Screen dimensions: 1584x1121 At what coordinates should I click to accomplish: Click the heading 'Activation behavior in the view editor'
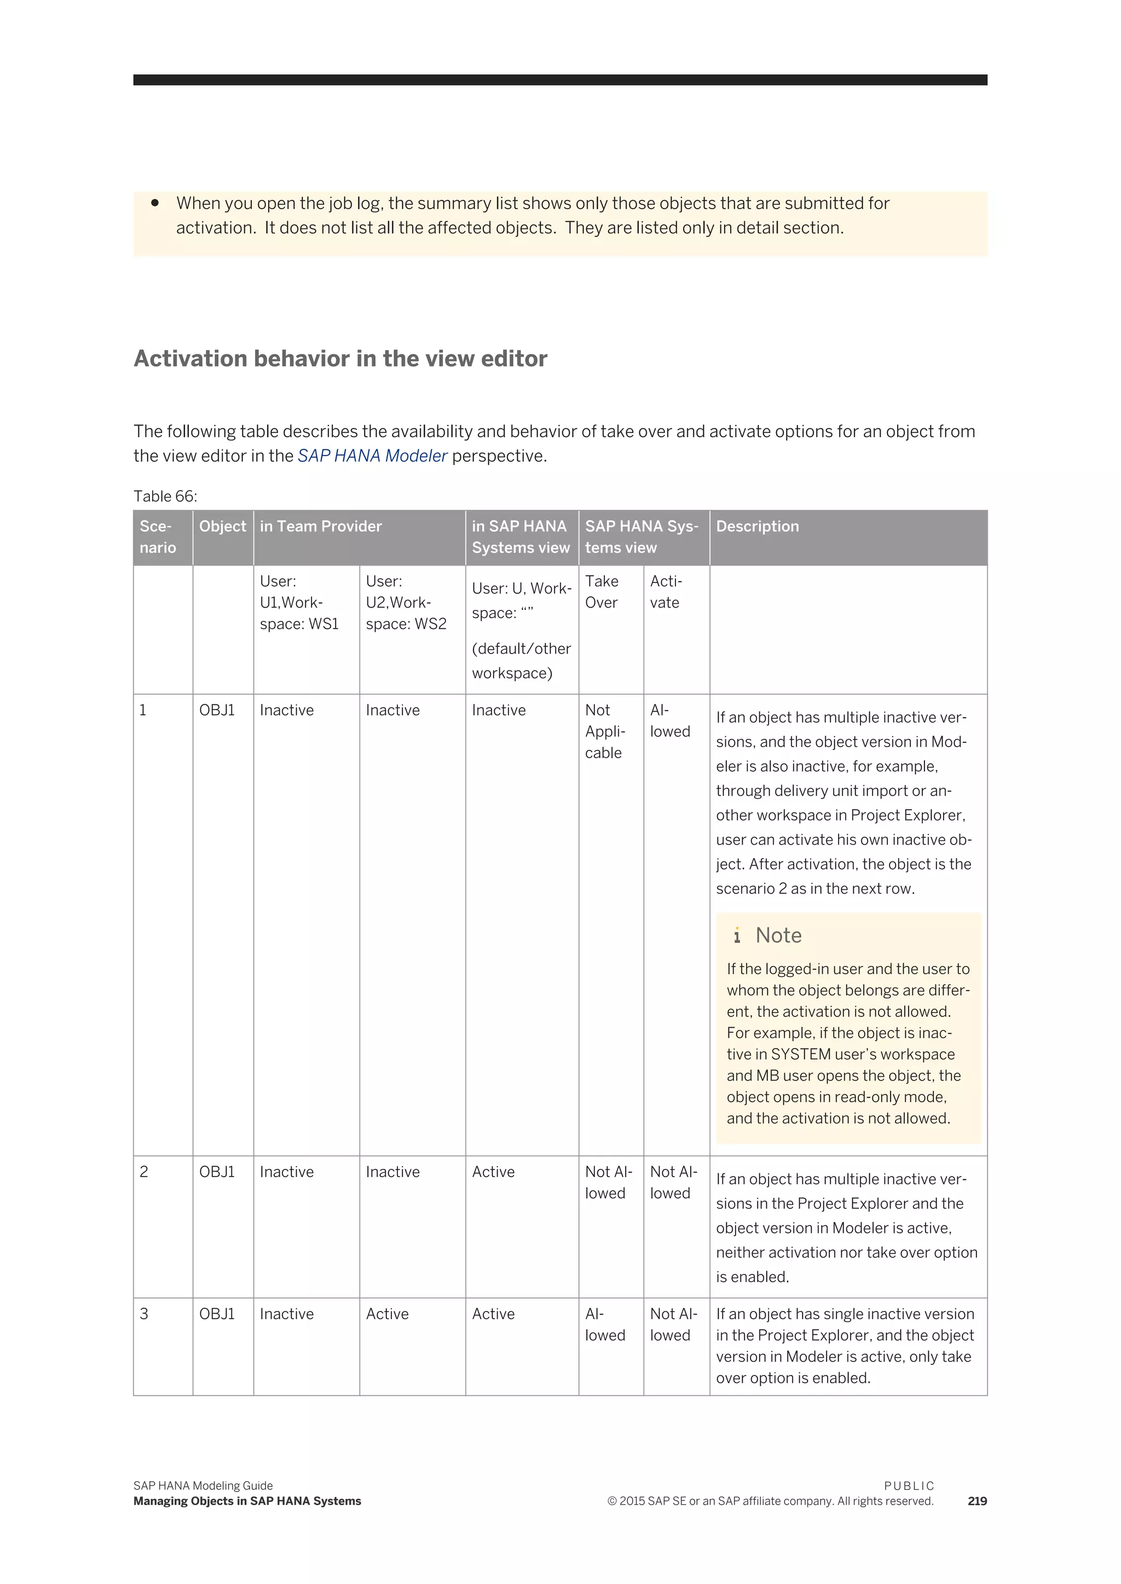[x=340, y=359]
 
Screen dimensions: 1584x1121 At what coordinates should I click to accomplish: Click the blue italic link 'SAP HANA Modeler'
[x=372, y=456]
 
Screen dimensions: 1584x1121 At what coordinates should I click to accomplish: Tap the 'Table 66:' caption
[x=165, y=496]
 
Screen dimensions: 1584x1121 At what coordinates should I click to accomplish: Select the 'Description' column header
[x=757, y=526]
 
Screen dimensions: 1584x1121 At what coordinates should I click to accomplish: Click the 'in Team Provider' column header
[x=320, y=526]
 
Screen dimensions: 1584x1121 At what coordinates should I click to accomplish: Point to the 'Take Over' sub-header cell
[x=602, y=592]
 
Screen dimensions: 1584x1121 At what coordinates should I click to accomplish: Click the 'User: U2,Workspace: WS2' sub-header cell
[x=406, y=602]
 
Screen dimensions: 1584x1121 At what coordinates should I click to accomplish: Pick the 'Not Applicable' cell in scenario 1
[x=605, y=731]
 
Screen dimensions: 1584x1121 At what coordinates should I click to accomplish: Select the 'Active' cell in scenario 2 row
[x=493, y=1172]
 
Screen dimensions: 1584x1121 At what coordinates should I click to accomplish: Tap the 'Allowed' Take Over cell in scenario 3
[x=605, y=1325]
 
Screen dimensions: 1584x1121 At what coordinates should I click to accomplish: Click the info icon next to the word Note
[x=737, y=935]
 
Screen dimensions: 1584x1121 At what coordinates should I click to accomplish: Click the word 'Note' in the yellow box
[x=779, y=935]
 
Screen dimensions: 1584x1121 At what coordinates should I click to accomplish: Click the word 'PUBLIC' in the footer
[x=909, y=1486]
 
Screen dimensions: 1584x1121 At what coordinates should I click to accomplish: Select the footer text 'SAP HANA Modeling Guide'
[x=203, y=1486]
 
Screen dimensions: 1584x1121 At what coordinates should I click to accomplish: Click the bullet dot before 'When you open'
[x=155, y=203]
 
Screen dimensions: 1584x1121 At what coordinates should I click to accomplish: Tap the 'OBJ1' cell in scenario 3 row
[x=217, y=1314]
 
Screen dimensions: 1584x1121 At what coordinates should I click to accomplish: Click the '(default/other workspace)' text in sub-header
[x=521, y=660]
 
